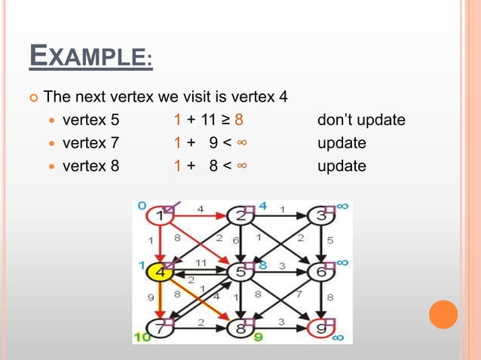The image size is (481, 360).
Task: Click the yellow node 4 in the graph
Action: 160,271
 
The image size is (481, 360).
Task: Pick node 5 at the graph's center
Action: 240,271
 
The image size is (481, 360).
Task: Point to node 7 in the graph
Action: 160,328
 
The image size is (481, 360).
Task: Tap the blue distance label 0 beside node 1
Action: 141,205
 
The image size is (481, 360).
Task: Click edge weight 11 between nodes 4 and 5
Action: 201,263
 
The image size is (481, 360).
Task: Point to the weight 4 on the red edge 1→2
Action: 200,208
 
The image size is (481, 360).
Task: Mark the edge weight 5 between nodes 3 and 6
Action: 329,241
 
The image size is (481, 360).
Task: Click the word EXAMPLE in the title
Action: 90,57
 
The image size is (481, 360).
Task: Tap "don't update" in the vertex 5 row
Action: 361,120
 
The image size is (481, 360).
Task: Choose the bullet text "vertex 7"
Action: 90,142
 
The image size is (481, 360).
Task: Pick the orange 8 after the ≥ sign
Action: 237,120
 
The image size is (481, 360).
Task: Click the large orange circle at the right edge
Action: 443,314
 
